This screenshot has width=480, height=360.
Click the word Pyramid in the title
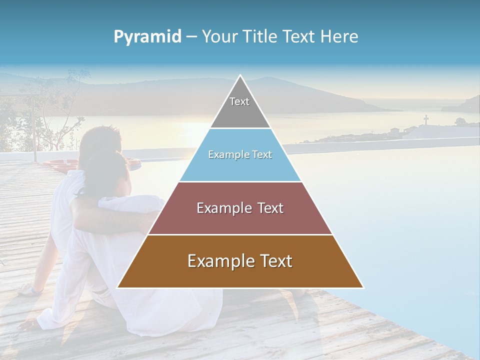[147, 37]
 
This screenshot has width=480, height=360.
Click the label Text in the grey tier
[239, 101]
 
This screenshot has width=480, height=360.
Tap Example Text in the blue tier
[240, 154]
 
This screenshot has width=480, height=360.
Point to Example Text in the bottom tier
[240, 261]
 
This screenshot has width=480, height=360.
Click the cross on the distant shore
[426, 119]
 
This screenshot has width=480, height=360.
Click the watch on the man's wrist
[35, 289]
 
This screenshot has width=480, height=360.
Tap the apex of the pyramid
[240, 76]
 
